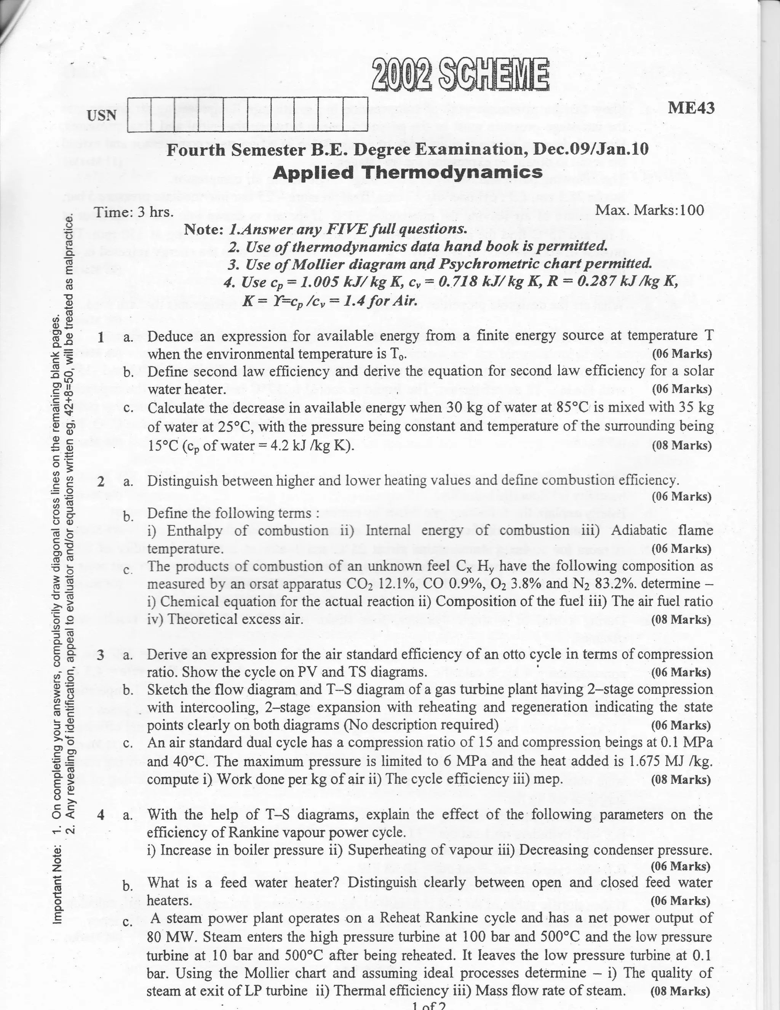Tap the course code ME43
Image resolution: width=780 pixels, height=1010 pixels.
(691, 108)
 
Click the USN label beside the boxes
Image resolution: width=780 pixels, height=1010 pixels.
(101, 115)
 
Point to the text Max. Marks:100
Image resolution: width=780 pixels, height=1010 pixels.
(650, 210)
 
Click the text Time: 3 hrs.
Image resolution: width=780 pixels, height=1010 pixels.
(134, 212)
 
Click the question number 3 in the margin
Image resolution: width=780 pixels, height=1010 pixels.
(100, 655)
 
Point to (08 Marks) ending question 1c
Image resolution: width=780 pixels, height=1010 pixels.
(681, 445)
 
